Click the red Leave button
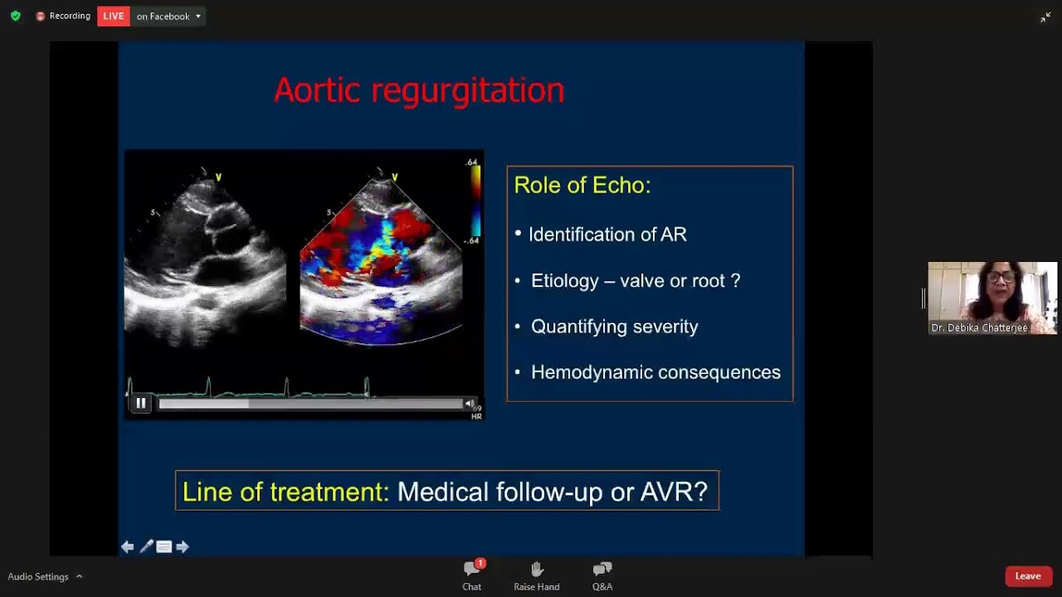tap(1028, 576)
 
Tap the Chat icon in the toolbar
tap(472, 569)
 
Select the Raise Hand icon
tap(537, 569)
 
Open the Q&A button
tap(602, 569)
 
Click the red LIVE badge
tap(114, 17)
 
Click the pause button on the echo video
tap(141, 403)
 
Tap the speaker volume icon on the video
tap(470, 404)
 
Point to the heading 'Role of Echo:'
tap(582, 185)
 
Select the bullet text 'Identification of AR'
tap(607, 235)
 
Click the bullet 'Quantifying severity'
tap(614, 327)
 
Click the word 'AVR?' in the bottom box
tap(674, 492)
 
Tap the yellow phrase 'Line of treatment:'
tap(285, 492)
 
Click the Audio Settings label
tap(38, 577)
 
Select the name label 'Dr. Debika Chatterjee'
tap(979, 328)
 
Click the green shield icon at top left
tap(15, 16)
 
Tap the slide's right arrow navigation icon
tap(183, 546)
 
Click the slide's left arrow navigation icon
tap(127, 546)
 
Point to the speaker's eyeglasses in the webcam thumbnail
tap(1001, 277)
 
